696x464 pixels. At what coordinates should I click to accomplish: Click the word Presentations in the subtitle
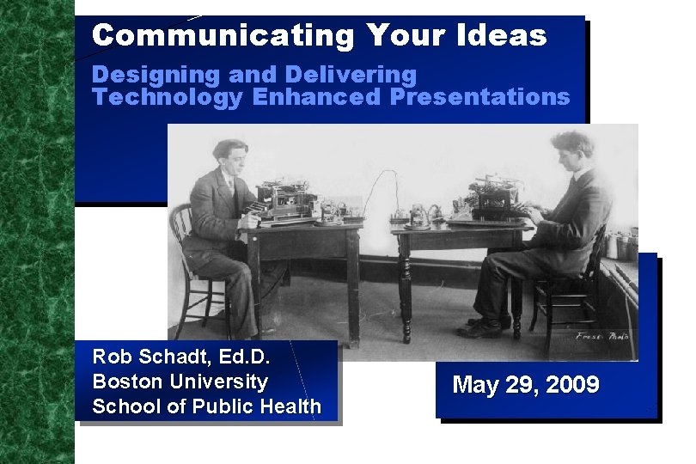[x=479, y=97]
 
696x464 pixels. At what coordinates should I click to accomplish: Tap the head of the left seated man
[x=230, y=156]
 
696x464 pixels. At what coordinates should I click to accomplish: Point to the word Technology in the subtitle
[x=168, y=97]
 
